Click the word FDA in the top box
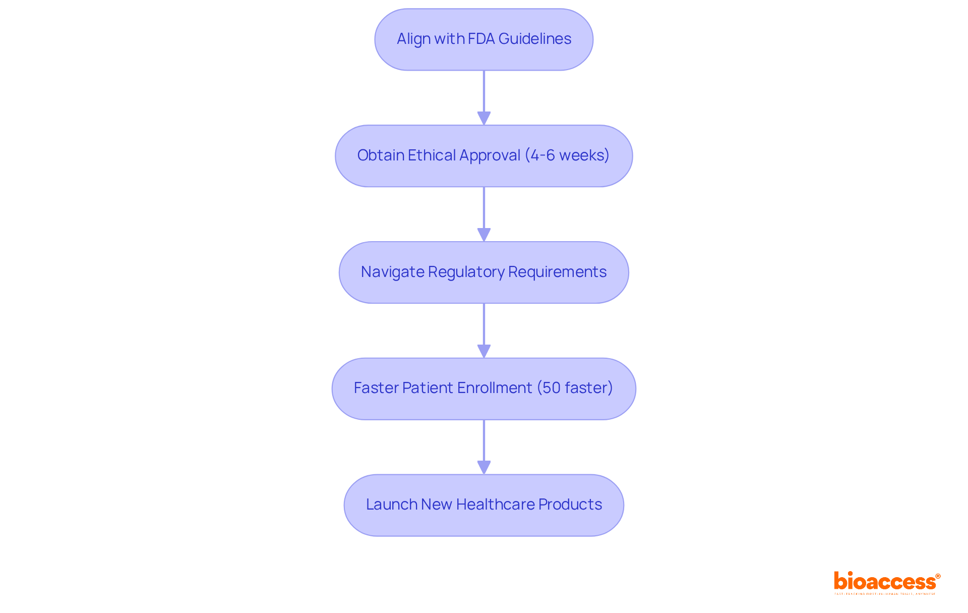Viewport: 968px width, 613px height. (x=481, y=39)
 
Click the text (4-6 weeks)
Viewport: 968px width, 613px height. (x=567, y=155)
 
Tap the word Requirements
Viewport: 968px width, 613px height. (x=557, y=272)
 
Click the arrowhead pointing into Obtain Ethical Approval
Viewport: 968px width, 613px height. (x=484, y=118)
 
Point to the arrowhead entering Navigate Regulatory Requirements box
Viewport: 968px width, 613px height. (x=484, y=235)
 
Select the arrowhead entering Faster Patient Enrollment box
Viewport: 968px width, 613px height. (x=484, y=351)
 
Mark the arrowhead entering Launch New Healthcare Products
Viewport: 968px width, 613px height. (x=484, y=467)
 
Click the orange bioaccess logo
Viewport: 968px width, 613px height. (x=886, y=582)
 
